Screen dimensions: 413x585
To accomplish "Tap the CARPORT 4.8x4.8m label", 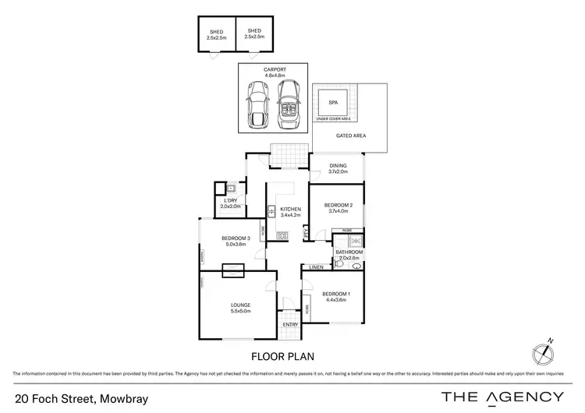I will click(x=275, y=72).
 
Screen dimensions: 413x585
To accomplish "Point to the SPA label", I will click(x=332, y=103).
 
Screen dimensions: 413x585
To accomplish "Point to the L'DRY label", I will click(x=232, y=203).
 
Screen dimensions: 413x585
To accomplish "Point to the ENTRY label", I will click(x=290, y=324).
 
